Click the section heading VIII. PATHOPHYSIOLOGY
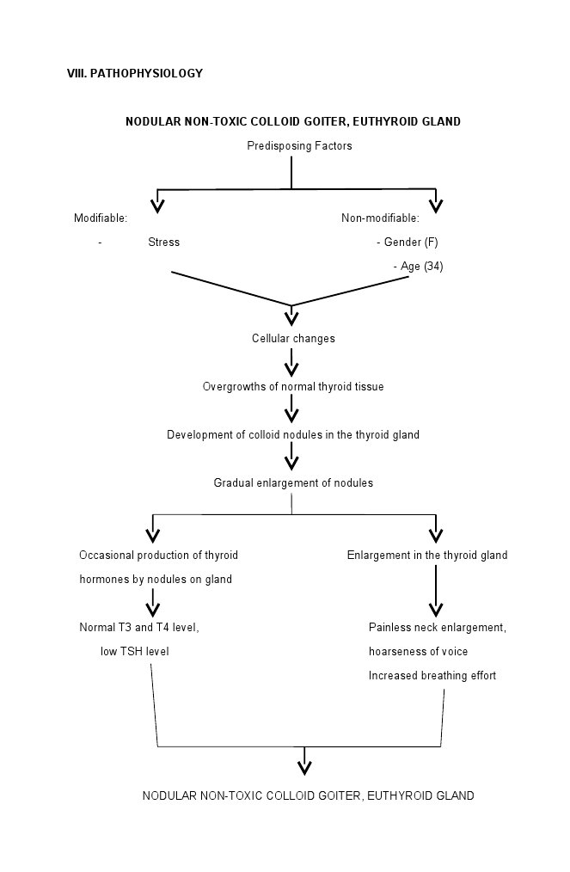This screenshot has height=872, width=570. [x=135, y=74]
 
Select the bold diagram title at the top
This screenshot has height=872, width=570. [x=292, y=122]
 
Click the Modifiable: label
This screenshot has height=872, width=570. [x=101, y=218]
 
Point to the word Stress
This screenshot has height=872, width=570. [x=163, y=243]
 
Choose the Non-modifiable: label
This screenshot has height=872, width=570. [x=380, y=218]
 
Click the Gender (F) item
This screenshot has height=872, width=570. [x=408, y=243]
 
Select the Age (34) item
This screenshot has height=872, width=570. [x=419, y=267]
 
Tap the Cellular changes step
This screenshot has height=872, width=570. [x=293, y=339]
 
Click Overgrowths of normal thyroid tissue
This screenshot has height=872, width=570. [x=293, y=387]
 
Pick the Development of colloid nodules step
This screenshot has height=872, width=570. [x=293, y=435]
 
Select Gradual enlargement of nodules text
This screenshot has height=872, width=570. [x=293, y=483]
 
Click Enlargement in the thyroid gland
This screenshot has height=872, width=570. [x=427, y=556]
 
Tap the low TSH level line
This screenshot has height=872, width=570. [x=135, y=652]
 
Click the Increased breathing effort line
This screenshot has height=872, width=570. [x=432, y=676]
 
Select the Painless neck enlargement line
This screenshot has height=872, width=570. [x=438, y=628]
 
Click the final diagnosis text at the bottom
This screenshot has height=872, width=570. [x=308, y=796]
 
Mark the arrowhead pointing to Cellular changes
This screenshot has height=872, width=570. [x=291, y=318]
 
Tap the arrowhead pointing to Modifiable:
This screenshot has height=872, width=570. [x=156, y=205]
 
